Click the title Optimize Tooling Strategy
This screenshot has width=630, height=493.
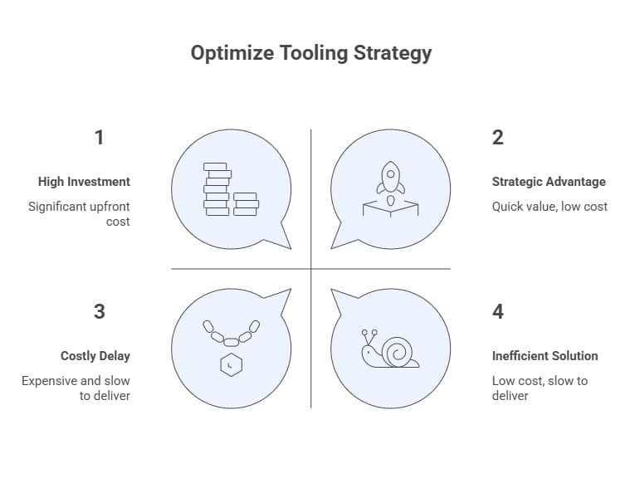(x=311, y=53)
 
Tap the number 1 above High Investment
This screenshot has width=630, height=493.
(x=100, y=137)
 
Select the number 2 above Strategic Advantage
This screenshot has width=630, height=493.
(x=497, y=137)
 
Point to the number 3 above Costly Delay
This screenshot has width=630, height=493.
(x=100, y=311)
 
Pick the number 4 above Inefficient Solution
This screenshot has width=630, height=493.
(x=497, y=311)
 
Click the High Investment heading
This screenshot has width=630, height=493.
(x=84, y=182)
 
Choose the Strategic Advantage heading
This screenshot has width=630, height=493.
(x=549, y=182)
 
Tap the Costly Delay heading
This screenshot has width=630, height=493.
(x=95, y=356)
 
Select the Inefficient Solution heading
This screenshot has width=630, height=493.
(x=545, y=356)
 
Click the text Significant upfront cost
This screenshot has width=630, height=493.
(x=80, y=214)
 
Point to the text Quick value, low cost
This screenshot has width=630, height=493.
(x=549, y=206)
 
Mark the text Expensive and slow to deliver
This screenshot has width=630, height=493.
(x=76, y=388)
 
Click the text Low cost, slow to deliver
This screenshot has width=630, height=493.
(x=540, y=388)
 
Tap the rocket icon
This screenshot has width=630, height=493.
(x=390, y=178)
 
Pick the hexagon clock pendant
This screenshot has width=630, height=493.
(x=231, y=365)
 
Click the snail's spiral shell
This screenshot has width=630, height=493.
(x=396, y=351)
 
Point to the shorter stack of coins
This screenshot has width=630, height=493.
(x=245, y=204)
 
